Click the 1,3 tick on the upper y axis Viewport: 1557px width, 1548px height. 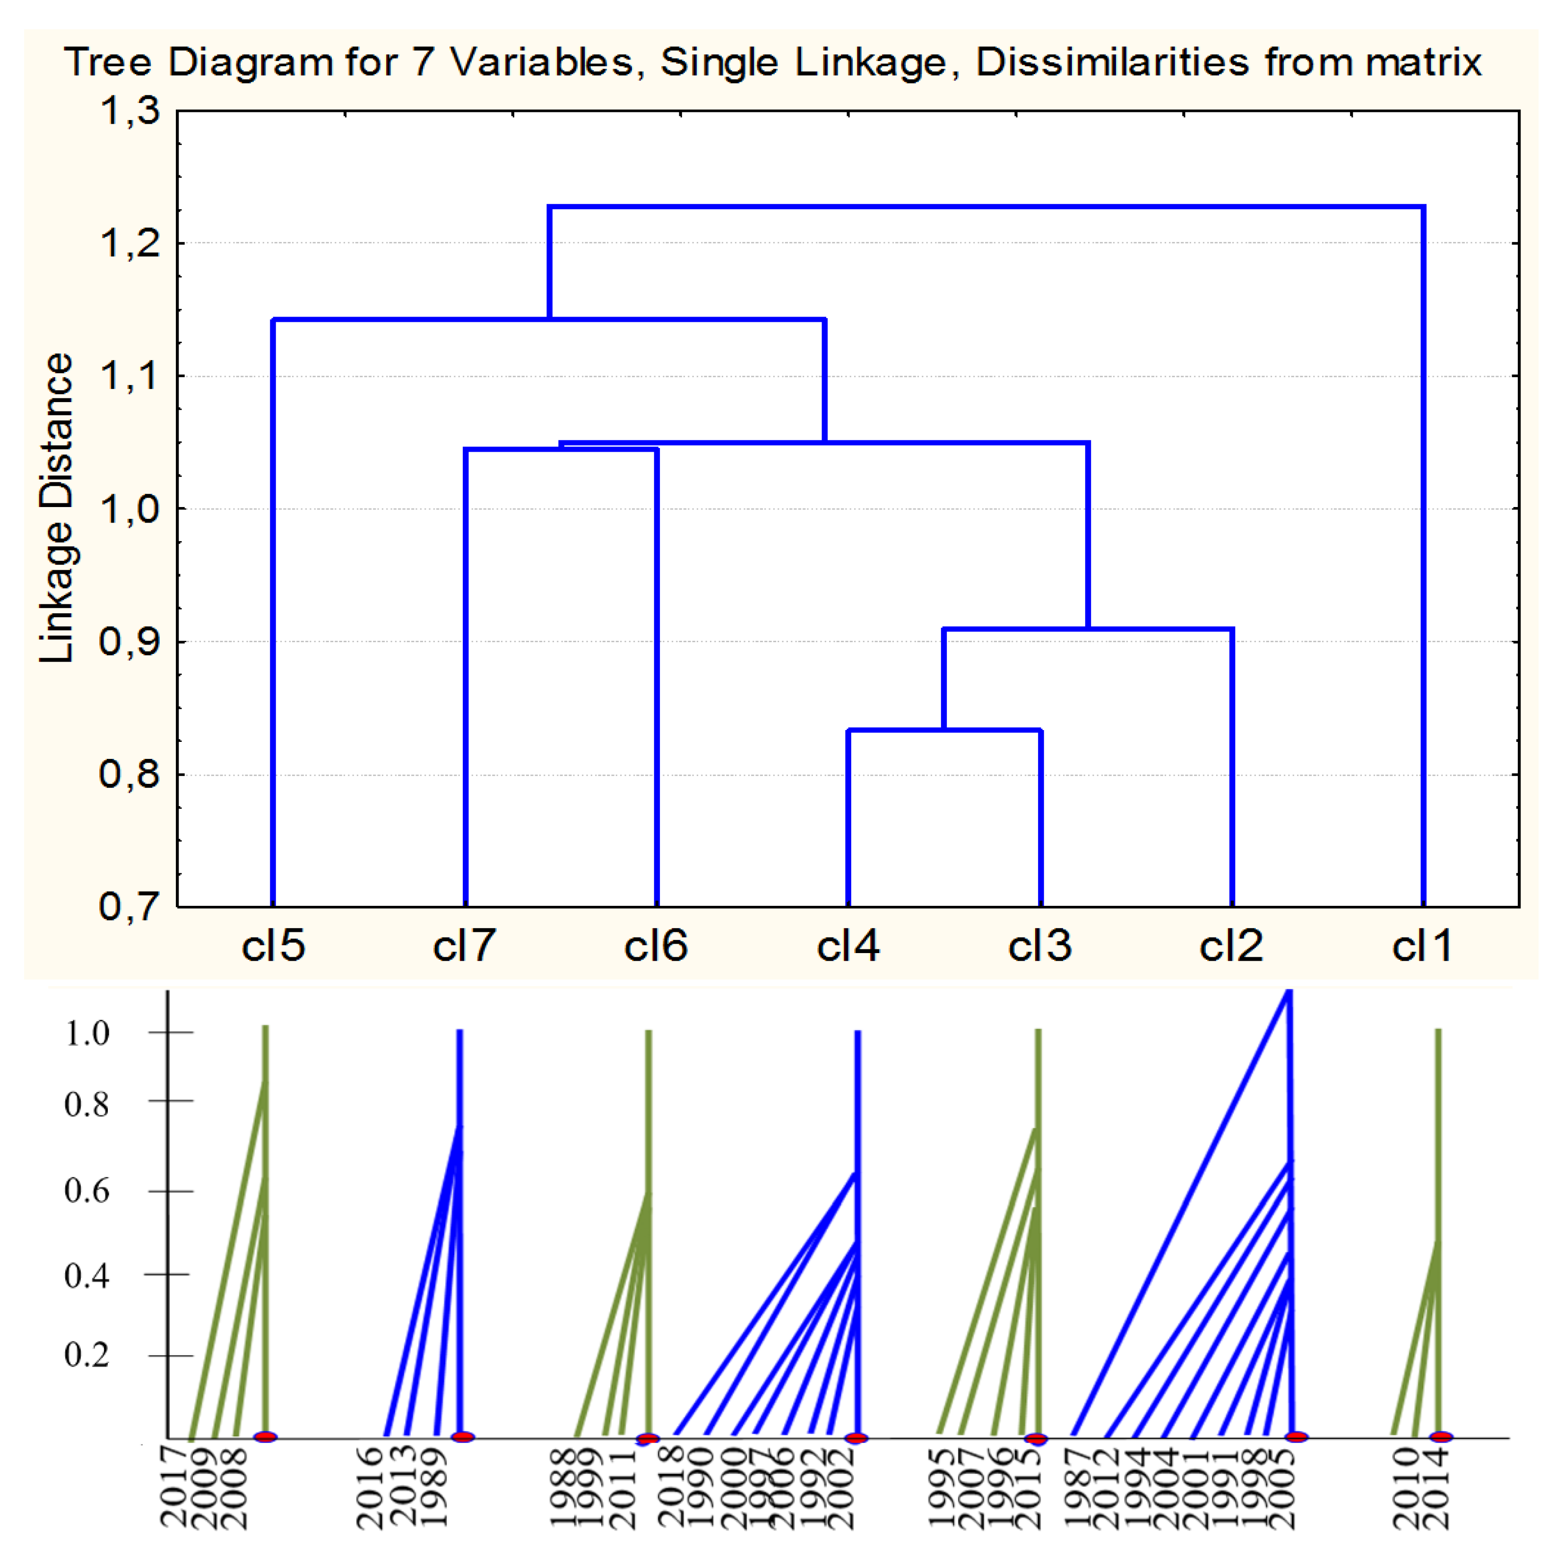click(x=130, y=111)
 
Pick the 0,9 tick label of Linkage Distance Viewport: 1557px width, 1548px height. click(x=130, y=642)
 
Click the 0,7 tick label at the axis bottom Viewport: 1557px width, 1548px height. click(x=130, y=907)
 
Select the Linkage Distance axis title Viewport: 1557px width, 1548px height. click(x=56, y=507)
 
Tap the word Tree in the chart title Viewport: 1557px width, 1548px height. click(x=108, y=62)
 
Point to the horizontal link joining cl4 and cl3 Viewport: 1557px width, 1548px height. click(x=944, y=730)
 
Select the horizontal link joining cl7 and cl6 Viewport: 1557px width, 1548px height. click(x=561, y=449)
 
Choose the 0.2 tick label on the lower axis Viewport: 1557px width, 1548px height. click(x=87, y=1355)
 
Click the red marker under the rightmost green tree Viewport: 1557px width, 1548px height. click(x=1441, y=1437)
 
